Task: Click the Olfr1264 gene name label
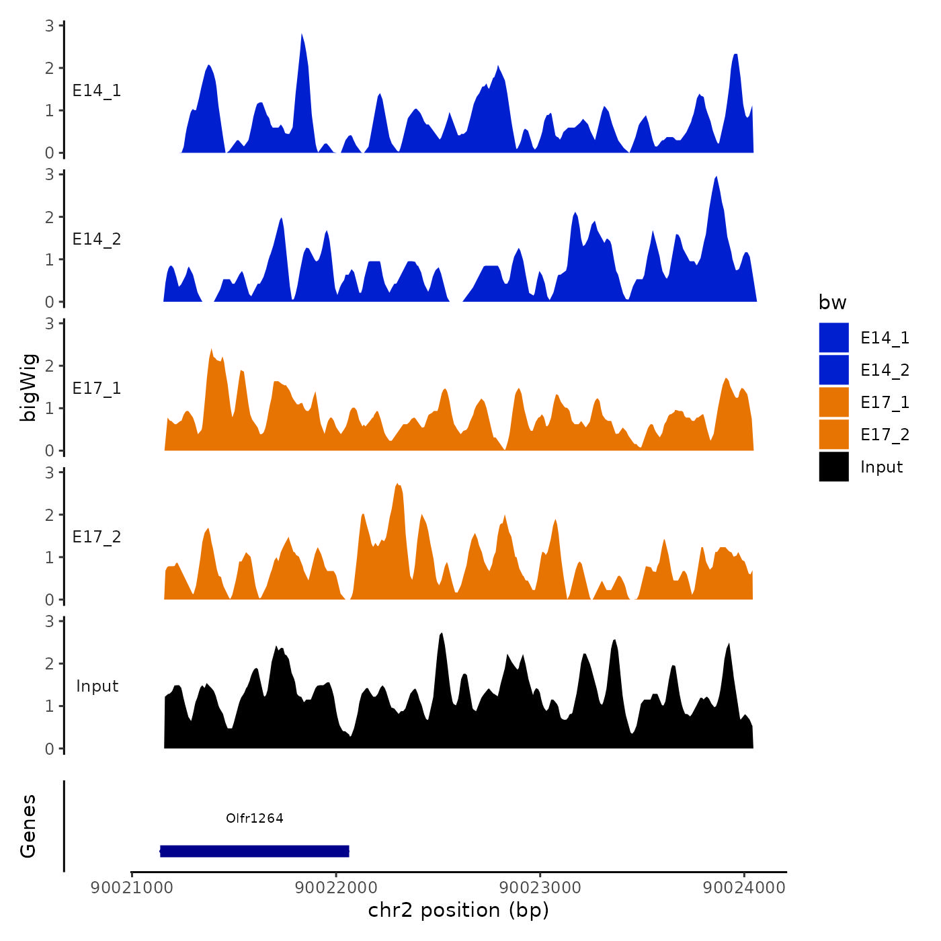coord(255,818)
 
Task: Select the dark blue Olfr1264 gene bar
coord(255,851)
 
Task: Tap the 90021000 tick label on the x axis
coord(132,887)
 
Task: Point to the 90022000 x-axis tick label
coord(336,887)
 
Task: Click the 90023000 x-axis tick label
coord(540,887)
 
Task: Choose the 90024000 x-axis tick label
coord(744,887)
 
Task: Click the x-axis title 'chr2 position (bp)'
coord(458,910)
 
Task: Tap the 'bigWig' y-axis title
coord(28,387)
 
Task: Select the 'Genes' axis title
coord(28,826)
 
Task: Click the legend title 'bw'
coord(832,302)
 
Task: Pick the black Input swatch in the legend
coord(833,466)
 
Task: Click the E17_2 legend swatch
coord(833,434)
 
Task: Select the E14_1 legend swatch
coord(833,337)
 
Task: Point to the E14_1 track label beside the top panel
coord(97,91)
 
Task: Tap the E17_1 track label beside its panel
coord(97,388)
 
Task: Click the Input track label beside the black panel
coord(97,686)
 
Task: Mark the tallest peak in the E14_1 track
coord(302,36)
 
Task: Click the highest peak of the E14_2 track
coord(717,178)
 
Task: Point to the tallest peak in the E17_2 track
coord(398,485)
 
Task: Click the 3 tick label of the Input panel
coord(50,621)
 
